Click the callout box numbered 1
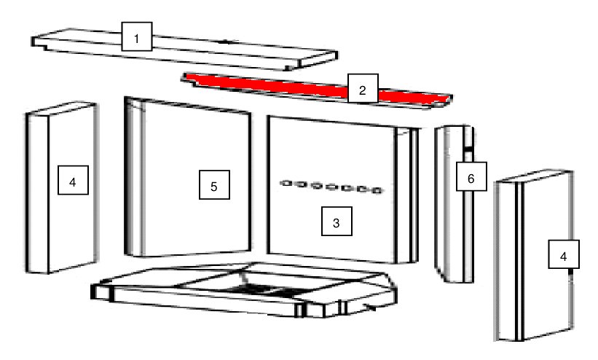[x=137, y=36]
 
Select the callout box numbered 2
[x=363, y=89]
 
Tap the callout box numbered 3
[x=337, y=222]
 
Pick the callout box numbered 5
[x=214, y=185]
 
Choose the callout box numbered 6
[x=471, y=176]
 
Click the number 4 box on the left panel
[x=74, y=180]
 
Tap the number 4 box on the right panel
[x=564, y=254]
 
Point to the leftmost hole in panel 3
[x=286, y=183]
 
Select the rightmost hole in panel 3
[x=377, y=190]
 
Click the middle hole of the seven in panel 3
[x=331, y=187]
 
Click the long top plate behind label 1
[x=184, y=49]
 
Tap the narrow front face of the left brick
[x=37, y=193]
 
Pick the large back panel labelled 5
[x=188, y=177]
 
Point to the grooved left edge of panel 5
[x=135, y=177]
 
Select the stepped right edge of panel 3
[x=406, y=195]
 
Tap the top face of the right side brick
[x=534, y=176]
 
